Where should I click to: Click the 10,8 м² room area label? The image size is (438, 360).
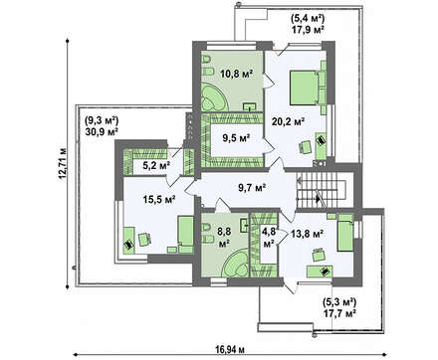(x=237, y=74)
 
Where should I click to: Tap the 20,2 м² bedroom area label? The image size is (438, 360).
(x=289, y=122)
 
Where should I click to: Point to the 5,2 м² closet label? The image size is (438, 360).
(x=156, y=165)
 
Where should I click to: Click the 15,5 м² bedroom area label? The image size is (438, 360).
(x=159, y=199)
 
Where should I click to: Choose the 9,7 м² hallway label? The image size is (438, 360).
(x=252, y=188)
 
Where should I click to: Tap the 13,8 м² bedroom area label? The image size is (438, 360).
(x=308, y=234)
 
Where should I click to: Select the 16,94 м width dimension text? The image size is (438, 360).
(x=230, y=349)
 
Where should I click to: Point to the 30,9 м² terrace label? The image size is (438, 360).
(x=103, y=131)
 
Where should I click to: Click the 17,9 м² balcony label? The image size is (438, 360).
(x=308, y=30)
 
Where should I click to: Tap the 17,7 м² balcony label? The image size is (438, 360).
(x=339, y=312)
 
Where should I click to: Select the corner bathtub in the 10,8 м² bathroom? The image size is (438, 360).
(x=214, y=97)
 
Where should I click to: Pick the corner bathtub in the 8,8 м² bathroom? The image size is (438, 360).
(x=235, y=264)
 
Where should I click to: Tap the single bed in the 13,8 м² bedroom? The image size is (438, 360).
(x=345, y=233)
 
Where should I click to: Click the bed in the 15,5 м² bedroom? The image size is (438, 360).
(x=185, y=235)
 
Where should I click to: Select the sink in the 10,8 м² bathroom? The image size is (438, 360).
(x=250, y=106)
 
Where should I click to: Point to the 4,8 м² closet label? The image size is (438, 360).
(x=269, y=238)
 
